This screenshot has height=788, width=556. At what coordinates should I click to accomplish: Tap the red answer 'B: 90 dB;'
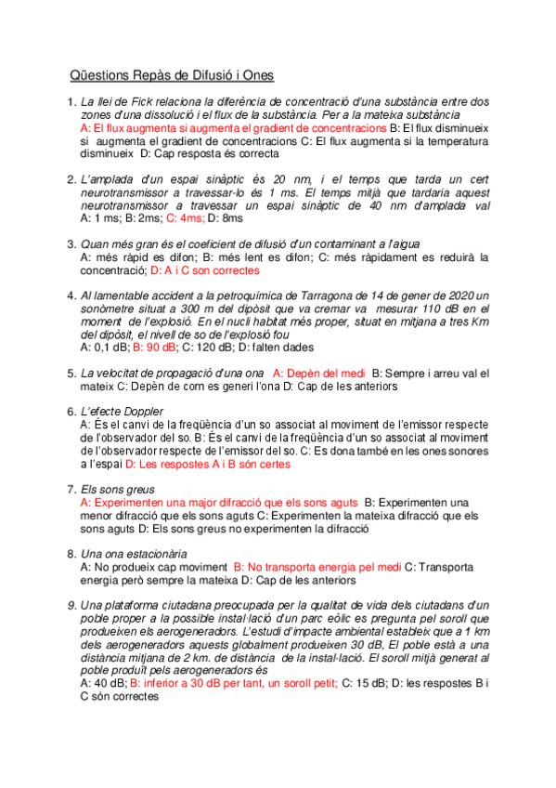click(155, 347)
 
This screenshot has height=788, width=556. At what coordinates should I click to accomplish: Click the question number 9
click(71, 606)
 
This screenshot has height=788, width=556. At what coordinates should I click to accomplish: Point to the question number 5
click(71, 374)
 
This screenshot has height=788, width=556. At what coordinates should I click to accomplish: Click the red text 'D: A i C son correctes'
click(205, 269)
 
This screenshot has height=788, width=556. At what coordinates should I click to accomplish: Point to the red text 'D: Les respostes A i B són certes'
click(207, 463)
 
